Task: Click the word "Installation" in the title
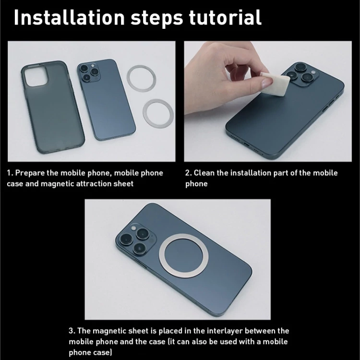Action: coord(69,17)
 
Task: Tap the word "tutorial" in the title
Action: coord(225,17)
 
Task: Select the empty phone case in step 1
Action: coord(53,107)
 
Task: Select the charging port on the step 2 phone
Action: coord(246,144)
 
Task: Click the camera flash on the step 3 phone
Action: coord(133,228)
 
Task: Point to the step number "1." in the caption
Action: coord(10,173)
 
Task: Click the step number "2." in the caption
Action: coord(189,173)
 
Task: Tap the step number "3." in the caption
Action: coord(72,331)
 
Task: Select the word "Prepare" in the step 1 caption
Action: coord(30,173)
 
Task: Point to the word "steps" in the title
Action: coord(157,18)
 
